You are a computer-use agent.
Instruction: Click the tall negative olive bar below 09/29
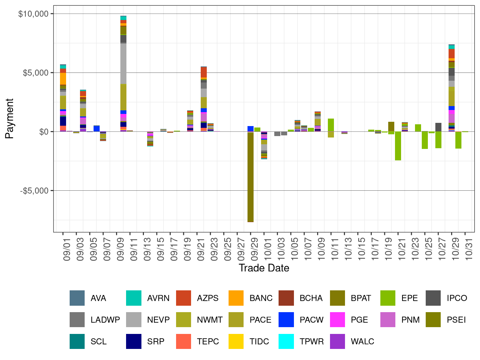click(x=251, y=177)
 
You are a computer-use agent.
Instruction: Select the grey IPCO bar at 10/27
click(x=438, y=127)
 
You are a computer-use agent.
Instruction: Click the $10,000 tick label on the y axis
click(x=33, y=14)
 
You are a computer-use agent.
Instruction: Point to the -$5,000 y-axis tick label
click(x=34, y=191)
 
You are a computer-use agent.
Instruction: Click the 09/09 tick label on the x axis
click(x=120, y=249)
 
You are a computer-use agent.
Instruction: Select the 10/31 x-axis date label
click(x=469, y=249)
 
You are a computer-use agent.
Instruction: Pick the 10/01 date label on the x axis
click(x=268, y=249)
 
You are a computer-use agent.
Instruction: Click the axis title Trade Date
click(x=264, y=268)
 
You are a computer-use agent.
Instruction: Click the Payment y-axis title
click(x=10, y=119)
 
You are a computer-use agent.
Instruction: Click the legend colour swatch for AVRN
click(x=134, y=298)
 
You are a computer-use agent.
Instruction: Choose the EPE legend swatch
click(x=388, y=298)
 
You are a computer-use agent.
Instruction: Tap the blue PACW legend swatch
click(x=286, y=320)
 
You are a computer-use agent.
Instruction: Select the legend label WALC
click(x=362, y=341)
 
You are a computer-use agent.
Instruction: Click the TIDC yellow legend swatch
click(x=236, y=341)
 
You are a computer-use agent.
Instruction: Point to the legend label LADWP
click(x=105, y=320)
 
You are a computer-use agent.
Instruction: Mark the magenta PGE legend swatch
click(x=337, y=320)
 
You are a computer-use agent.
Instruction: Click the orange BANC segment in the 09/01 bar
click(x=63, y=79)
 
